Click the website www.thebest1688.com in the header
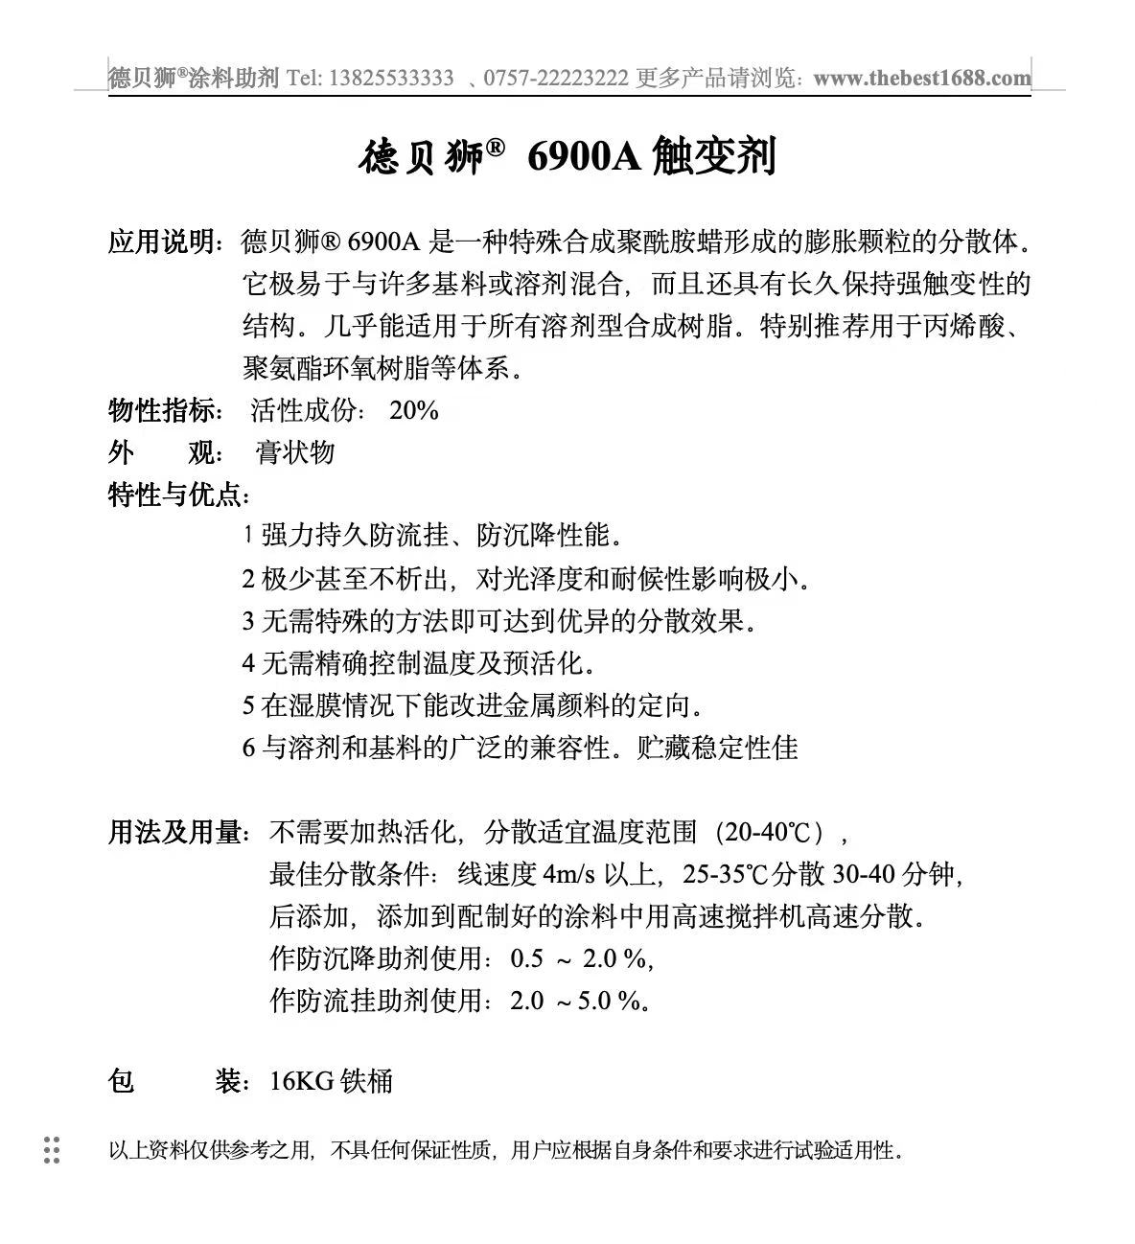click(922, 79)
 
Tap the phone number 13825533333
click(391, 79)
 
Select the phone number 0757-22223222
click(556, 79)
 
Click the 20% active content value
click(414, 410)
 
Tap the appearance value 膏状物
click(295, 452)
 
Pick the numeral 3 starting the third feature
click(248, 621)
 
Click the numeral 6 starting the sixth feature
click(248, 748)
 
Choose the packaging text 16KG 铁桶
click(331, 1081)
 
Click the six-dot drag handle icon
click(52, 1150)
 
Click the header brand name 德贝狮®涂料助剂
click(192, 79)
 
